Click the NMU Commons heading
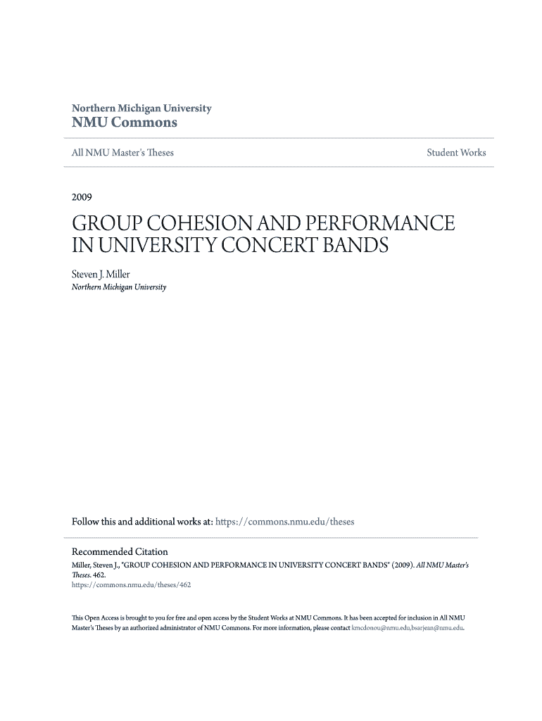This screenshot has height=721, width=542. point(125,123)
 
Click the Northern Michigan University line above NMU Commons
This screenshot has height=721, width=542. point(141,108)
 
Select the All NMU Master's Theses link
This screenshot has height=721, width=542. point(122,153)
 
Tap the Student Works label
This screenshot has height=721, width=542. point(456,153)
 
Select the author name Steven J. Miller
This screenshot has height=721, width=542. point(101,275)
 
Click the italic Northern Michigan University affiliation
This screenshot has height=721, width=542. point(119,287)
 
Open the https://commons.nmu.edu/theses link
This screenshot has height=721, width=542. point(284,522)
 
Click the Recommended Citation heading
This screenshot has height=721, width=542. point(120,551)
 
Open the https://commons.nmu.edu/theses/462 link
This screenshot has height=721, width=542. point(132,584)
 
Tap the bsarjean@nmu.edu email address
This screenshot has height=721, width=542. point(436,627)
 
